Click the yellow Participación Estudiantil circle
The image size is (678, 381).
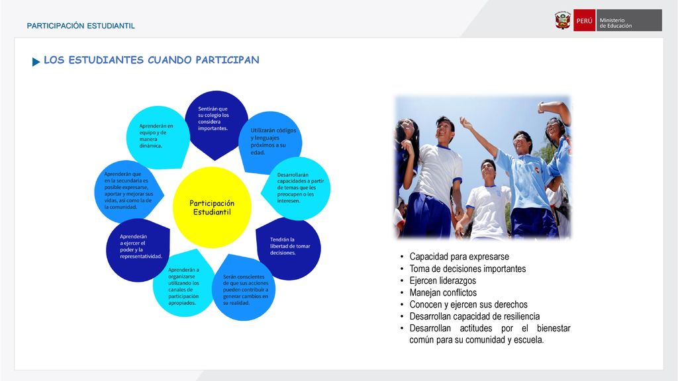[x=212, y=207]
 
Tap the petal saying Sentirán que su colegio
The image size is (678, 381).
[x=217, y=123]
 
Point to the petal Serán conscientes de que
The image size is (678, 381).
[x=244, y=288]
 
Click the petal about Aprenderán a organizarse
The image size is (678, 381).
[x=184, y=284]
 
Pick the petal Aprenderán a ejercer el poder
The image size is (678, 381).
[x=138, y=249]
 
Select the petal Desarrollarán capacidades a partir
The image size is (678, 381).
[x=296, y=189]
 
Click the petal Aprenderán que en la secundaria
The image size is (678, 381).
[x=128, y=191]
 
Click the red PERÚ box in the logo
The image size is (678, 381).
[x=584, y=21]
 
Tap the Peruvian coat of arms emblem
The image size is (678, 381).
[x=563, y=21]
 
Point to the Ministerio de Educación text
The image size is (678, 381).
[x=615, y=23]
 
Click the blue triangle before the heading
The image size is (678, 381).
[x=36, y=62]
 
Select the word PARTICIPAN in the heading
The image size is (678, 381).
[x=228, y=60]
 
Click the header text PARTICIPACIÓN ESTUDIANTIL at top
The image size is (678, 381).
[x=81, y=26]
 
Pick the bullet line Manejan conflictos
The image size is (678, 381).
[x=443, y=292]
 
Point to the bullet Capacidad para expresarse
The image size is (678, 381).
[x=460, y=257]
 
